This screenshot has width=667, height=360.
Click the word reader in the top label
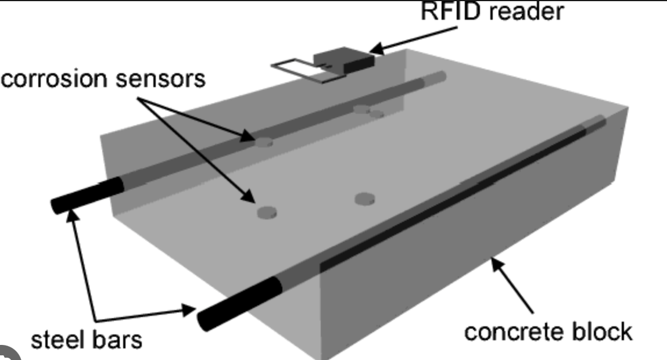coord(526,11)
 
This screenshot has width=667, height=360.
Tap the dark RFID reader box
coord(343,60)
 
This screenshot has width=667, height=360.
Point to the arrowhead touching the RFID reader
coord(375,49)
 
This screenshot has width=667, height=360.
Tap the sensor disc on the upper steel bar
coord(264,141)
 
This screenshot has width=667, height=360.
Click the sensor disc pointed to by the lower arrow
coord(267,213)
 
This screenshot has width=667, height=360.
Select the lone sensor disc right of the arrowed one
coord(364,199)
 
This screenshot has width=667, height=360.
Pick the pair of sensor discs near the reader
coord(369,111)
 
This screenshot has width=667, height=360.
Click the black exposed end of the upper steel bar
coord(87,196)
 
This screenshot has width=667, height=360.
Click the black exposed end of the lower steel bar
coord(238,303)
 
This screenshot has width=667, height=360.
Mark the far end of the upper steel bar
coord(442,76)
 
